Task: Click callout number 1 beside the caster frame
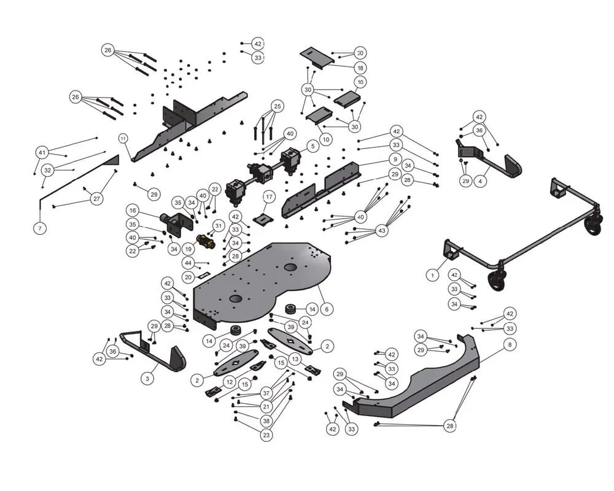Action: (x=432, y=275)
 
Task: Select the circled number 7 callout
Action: (x=40, y=228)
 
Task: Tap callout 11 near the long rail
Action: (x=123, y=138)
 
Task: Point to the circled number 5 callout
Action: (x=313, y=147)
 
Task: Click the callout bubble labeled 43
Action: (x=382, y=230)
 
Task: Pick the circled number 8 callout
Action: (x=510, y=344)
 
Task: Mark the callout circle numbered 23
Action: (x=266, y=435)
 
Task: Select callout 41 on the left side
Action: (x=42, y=152)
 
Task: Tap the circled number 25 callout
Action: (x=278, y=106)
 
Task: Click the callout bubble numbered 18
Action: (x=360, y=68)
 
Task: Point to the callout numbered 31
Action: (x=219, y=226)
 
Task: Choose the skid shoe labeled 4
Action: (x=489, y=158)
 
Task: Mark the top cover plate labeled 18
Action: (x=317, y=58)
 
